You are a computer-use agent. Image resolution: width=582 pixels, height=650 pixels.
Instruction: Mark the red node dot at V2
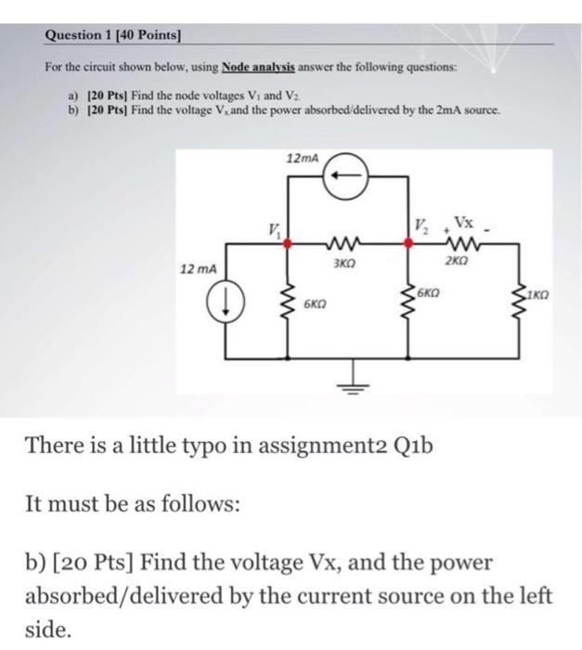pyautogui.click(x=408, y=242)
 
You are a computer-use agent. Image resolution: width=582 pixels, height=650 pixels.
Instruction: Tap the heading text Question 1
pyautogui.click(x=79, y=34)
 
